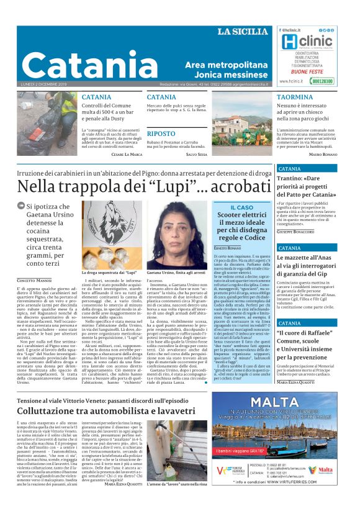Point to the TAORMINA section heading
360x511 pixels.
coord(294,97)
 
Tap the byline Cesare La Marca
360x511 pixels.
coord(127,153)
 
